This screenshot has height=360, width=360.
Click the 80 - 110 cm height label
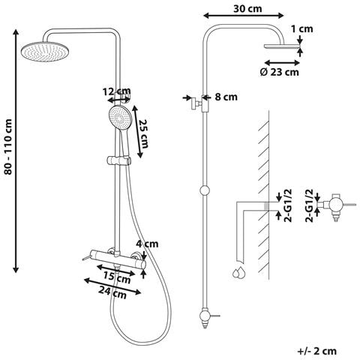pos(8,147)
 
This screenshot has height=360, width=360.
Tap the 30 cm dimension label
pos(247,9)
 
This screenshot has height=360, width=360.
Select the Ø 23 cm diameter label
pos(279,72)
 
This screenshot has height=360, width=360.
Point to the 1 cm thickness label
pos(302,29)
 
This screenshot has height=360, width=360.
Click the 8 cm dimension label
pos(226,97)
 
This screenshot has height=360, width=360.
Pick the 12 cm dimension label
pos(116,91)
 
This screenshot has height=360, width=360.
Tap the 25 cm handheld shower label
pos(144,133)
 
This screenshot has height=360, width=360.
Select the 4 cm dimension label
pos(148,244)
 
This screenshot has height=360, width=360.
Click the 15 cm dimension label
pos(117,278)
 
